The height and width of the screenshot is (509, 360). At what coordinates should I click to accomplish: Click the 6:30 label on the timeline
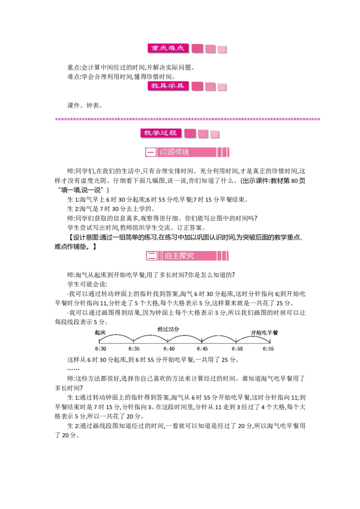pos(100,349)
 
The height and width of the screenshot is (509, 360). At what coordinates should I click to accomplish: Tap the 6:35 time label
pos(134,349)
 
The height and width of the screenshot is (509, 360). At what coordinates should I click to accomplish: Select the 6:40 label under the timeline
pos(169,349)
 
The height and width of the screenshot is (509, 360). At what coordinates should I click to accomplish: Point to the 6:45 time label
pos(202,349)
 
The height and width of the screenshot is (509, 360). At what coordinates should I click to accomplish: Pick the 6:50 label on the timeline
pos(237,349)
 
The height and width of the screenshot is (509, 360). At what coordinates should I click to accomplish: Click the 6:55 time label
pos(268,349)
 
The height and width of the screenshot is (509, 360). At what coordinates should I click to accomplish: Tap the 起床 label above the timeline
pos(100,333)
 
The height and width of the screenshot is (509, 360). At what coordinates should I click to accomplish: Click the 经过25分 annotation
pos(168,329)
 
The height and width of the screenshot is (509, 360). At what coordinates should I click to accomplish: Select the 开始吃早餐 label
pos(265,333)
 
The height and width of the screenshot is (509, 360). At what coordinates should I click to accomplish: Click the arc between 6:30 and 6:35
pos(117,335)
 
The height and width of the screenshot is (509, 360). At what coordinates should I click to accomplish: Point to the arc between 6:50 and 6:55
pos(253,335)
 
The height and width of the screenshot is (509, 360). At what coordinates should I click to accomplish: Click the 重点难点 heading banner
pos(167,48)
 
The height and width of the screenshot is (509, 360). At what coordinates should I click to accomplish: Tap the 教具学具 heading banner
pos(167,85)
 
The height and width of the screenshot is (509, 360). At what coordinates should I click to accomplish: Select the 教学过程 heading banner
pos(160,133)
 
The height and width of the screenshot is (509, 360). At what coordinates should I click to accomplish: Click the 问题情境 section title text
pos(175,152)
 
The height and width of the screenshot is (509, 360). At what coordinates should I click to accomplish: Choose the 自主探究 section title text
pos(179,256)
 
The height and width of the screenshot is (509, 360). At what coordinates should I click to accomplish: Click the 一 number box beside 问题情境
pos(151,152)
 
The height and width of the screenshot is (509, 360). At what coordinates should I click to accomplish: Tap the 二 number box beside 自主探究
pos(152,256)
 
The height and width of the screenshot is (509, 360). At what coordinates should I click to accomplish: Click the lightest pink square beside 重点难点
pos(222,49)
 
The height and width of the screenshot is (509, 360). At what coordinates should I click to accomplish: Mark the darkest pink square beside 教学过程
pos(190,133)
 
